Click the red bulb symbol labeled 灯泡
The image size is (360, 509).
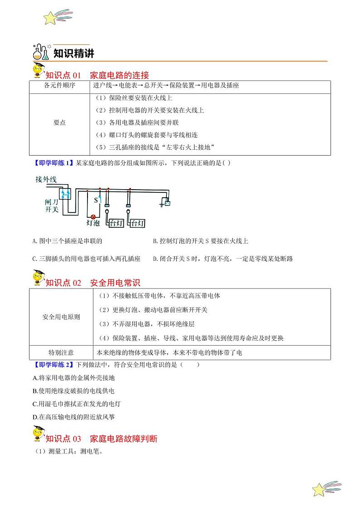(94, 217)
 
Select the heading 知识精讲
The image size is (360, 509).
(74, 54)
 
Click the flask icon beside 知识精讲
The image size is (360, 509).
(40, 52)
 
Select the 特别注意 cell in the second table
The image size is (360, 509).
(61, 352)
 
